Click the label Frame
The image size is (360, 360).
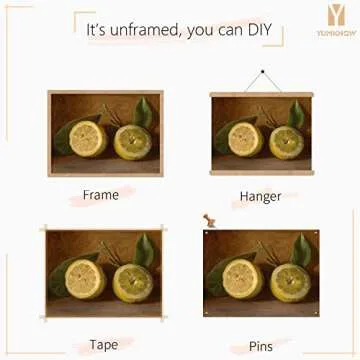pyautogui.click(x=101, y=194)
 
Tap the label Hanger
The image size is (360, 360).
pyautogui.click(x=260, y=196)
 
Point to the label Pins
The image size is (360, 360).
pyautogui.click(x=260, y=346)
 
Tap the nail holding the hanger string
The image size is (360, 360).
pyautogui.click(x=262, y=72)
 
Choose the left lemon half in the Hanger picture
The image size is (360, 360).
pyautogui.click(x=243, y=139)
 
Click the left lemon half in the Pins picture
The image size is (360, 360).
pyautogui.click(x=240, y=278)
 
